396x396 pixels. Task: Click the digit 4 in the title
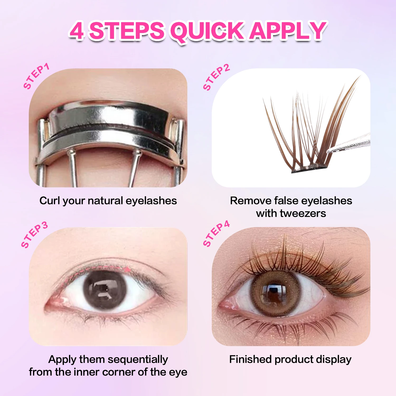(77, 31)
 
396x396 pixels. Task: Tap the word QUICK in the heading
(207, 31)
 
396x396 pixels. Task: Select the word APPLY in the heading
(288, 31)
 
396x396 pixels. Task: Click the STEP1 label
(36, 76)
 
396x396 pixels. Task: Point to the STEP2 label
(216, 77)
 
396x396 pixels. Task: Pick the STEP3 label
(34, 235)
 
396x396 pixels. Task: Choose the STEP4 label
(216, 234)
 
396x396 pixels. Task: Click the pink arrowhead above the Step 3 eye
(128, 270)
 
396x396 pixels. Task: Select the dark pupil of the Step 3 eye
(105, 289)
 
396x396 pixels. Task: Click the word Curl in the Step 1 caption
(49, 201)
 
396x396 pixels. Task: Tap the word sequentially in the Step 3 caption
(138, 359)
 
